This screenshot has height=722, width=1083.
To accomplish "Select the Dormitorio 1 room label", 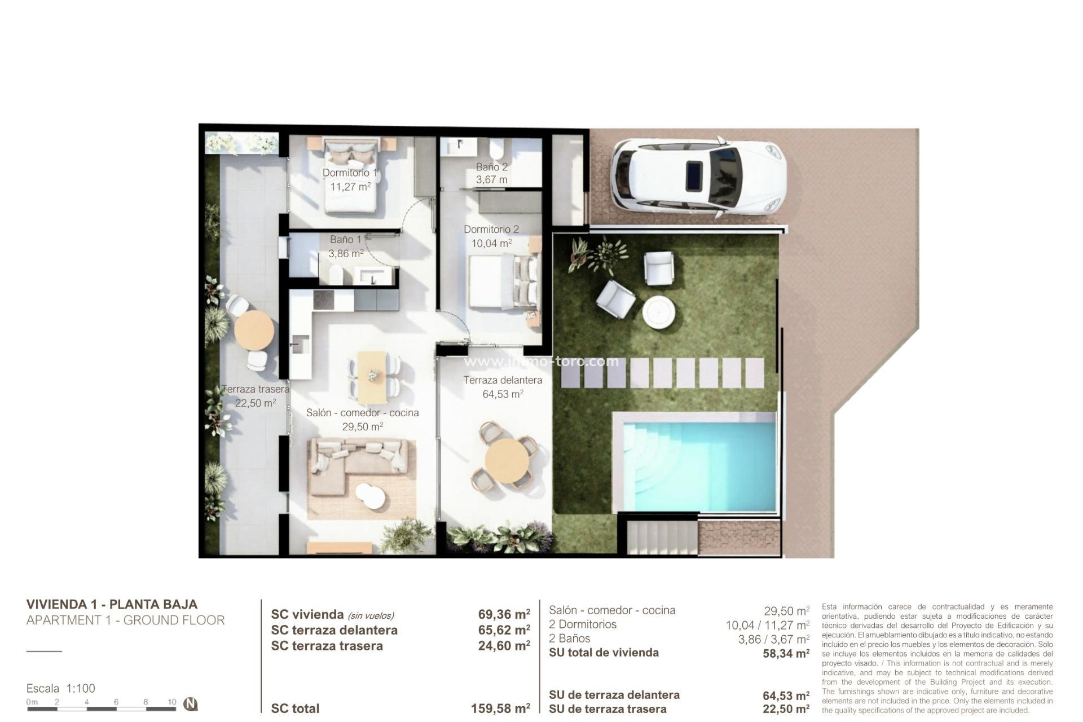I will click(x=350, y=173).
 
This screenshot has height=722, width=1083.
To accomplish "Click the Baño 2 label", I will click(x=491, y=167).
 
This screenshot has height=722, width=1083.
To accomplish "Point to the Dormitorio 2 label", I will click(x=491, y=230).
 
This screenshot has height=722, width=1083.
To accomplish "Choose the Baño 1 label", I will click(x=345, y=240).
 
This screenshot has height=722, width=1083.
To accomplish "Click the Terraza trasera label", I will click(x=256, y=389).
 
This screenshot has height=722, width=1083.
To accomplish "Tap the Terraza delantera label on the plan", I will click(x=503, y=380).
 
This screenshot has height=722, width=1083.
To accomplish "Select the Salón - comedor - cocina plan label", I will click(x=362, y=413).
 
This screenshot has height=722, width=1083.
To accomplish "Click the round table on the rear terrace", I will click(x=254, y=331).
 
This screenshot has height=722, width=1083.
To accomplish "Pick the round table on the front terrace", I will click(x=507, y=460).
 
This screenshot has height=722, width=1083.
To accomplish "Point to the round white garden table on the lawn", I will click(x=659, y=311).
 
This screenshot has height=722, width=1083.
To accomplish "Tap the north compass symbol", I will click(x=191, y=704).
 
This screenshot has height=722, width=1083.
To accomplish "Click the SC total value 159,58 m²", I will click(x=500, y=708).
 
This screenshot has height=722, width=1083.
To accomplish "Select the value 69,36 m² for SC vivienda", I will click(x=504, y=614).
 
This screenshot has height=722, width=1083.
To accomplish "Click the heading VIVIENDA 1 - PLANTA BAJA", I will click(x=112, y=604).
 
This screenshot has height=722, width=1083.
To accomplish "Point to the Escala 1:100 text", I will click(x=61, y=688).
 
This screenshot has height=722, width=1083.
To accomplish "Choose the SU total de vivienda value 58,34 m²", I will click(x=786, y=654).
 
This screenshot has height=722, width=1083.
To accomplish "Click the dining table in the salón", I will click(x=372, y=374).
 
